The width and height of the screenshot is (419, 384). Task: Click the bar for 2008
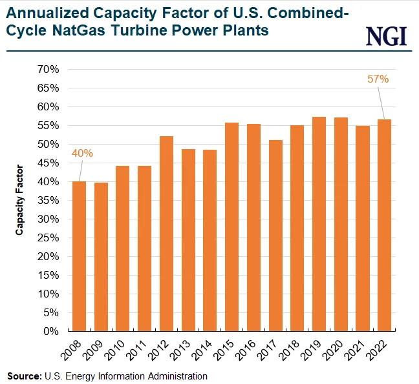click(79, 256)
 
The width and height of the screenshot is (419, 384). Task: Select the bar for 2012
click(166, 234)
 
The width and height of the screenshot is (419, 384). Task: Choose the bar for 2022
click(384, 225)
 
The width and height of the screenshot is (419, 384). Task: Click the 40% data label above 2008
click(83, 154)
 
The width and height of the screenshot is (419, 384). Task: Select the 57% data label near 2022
click(378, 79)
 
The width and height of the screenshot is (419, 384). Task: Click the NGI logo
click(387, 36)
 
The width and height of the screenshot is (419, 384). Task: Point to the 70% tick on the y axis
click(49, 69)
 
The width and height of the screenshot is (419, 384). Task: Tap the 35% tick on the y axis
click(49, 200)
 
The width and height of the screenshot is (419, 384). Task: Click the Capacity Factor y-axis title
click(20, 200)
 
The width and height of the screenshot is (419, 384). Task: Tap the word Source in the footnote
click(23, 376)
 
